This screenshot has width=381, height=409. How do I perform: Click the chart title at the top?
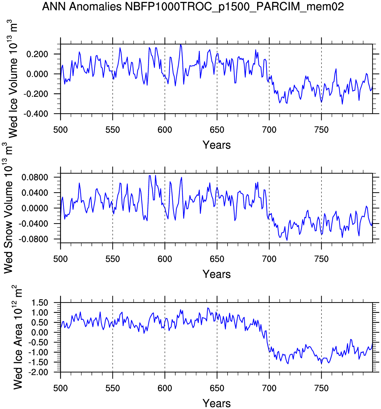(x=193, y=6)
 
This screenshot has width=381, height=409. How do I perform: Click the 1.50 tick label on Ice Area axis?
(x=40, y=303)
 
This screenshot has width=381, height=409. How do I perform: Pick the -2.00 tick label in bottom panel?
(x=38, y=372)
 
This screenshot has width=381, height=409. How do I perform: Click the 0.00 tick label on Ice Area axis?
(x=40, y=332)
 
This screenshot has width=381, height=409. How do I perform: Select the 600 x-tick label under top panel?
(x=165, y=130)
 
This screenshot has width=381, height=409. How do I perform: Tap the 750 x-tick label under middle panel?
(x=321, y=259)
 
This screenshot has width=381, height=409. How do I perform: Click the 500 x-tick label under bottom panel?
(x=60, y=388)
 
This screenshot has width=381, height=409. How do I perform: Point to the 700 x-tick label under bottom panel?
(x=269, y=388)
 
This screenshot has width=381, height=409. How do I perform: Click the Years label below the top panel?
(x=217, y=145)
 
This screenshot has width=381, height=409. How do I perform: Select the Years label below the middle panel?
(x=217, y=274)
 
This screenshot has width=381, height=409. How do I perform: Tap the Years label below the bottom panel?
(x=217, y=403)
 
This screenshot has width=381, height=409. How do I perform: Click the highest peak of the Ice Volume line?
(x=181, y=44)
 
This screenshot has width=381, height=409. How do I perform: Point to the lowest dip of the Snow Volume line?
(x=287, y=240)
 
